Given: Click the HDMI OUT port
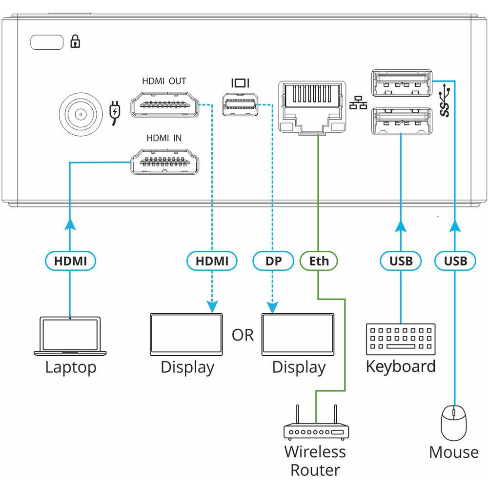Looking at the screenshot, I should tap(165, 105).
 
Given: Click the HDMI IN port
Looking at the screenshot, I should tap(165, 162).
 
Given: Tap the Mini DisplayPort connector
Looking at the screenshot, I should tap(239, 105).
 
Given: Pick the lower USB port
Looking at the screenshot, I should tap(401, 121).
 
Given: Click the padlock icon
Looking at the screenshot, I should tap(75, 42).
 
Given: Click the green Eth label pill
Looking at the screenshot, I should tap(319, 261).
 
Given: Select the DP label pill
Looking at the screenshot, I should tap(274, 261).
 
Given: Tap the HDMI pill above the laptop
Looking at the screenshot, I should tap(70, 261).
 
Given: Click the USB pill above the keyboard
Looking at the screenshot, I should tap(401, 261).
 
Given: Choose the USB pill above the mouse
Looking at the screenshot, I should tap(455, 261).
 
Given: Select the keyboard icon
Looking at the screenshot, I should tap(400, 339).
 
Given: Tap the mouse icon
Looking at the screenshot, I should tap(454, 423).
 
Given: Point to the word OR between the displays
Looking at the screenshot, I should tap(243, 335).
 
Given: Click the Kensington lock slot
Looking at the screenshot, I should tap(47, 42).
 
